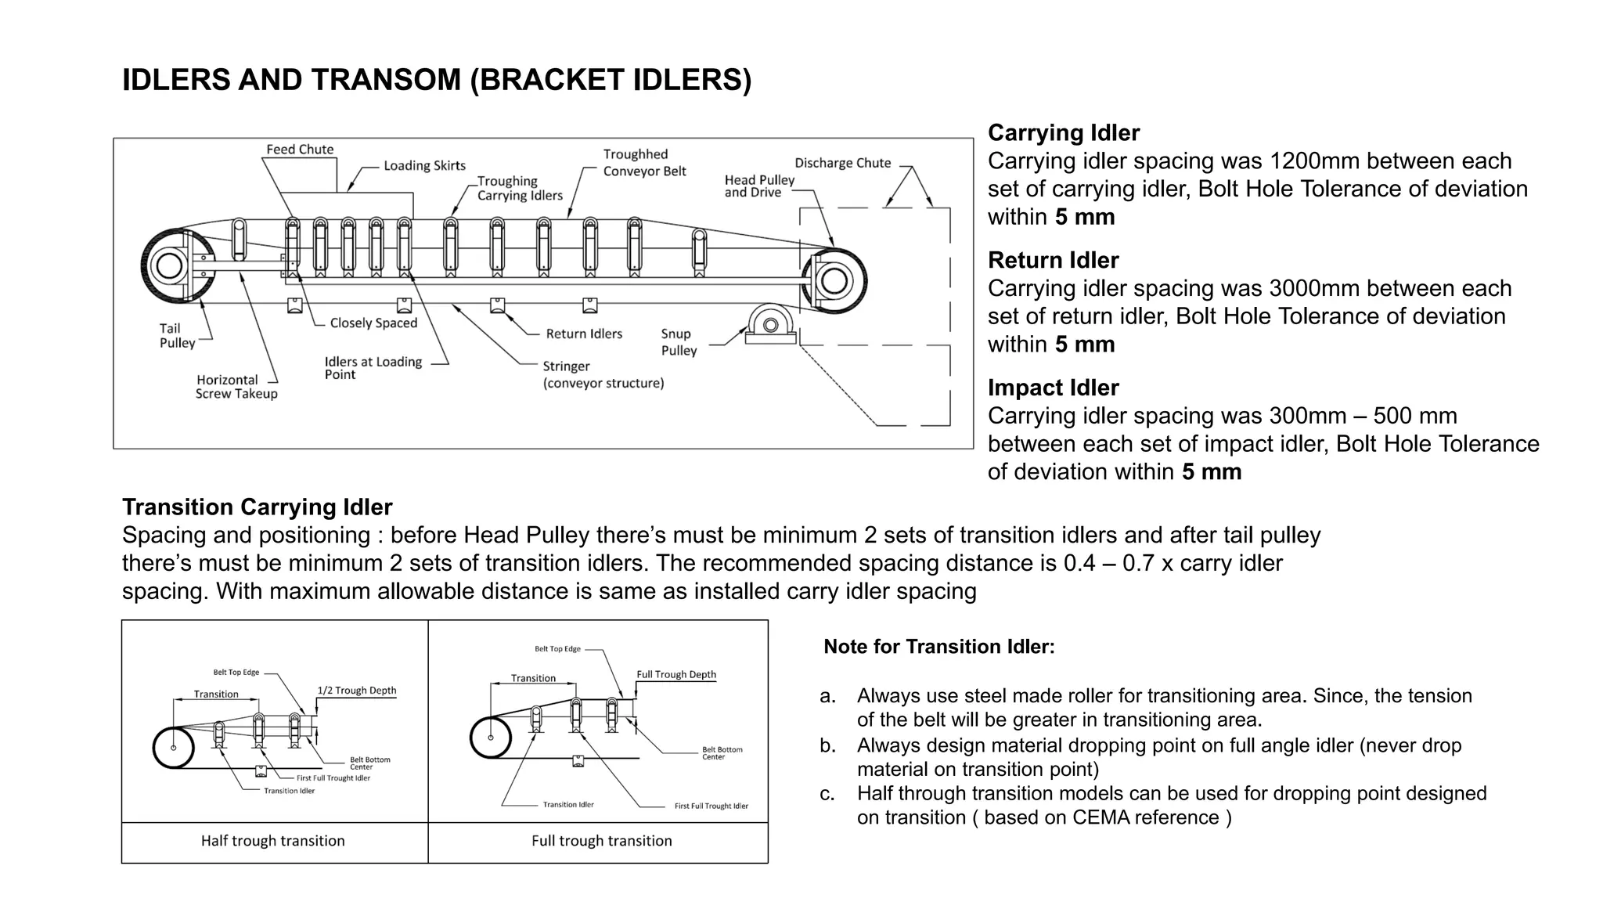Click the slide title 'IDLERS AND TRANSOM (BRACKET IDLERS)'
(436, 80)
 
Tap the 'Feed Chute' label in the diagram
(300, 150)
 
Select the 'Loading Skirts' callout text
(424, 166)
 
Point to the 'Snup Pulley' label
(678, 342)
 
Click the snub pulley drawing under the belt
(771, 324)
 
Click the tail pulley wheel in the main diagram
(170, 265)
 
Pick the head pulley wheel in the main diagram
(834, 280)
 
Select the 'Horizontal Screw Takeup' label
(236, 387)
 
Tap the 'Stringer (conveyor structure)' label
(603, 375)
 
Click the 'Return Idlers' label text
(584, 334)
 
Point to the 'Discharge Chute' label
(842, 164)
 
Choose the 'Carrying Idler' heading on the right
(1063, 133)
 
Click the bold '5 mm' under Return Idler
(1084, 345)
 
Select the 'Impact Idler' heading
(1053, 388)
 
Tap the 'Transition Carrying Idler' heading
(257, 507)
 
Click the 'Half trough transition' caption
(272, 841)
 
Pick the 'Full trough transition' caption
(601, 841)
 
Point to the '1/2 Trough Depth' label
(356, 691)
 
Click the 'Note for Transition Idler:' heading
(938, 647)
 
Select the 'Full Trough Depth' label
(675, 675)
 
